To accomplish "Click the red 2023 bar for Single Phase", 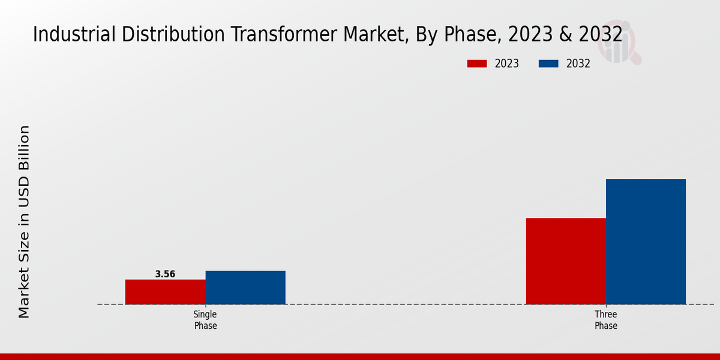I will [x=165, y=292].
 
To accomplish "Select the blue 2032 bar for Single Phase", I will [x=245, y=287].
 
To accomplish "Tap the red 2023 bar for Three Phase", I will [x=566, y=261].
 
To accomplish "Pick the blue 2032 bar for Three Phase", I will [x=646, y=241].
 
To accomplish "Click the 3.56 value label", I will [x=165, y=274].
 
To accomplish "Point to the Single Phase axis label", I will [x=205, y=320].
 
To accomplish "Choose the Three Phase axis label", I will [x=606, y=320].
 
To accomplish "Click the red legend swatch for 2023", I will [x=477, y=64].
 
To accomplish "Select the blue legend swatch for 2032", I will [x=549, y=64].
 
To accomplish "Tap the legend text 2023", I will [x=507, y=64].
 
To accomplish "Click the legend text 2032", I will [x=578, y=64].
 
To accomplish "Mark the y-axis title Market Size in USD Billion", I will [x=24, y=222].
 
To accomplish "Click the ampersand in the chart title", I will [x=565, y=34].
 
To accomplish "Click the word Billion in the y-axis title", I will [x=24, y=150].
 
